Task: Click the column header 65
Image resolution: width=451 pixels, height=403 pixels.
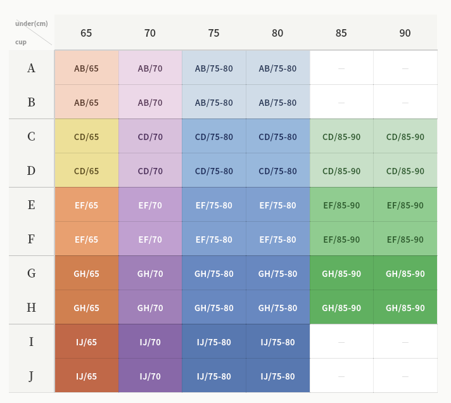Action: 86,33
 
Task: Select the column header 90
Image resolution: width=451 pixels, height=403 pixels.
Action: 405,33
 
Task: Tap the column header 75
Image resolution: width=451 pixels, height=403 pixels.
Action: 213,33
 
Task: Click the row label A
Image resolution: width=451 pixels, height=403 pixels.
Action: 31,68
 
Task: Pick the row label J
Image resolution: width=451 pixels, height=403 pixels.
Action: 31,376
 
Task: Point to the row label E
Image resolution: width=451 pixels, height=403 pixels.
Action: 31,205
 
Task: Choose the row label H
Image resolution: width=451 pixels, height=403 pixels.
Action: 31,308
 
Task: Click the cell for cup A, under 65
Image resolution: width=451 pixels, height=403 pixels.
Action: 86,68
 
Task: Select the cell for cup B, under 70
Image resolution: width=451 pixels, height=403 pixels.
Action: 150,103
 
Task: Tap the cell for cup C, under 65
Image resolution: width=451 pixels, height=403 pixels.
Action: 86,137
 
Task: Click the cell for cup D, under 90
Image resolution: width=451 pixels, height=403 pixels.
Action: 405,171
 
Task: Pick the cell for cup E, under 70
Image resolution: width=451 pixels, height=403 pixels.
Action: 150,205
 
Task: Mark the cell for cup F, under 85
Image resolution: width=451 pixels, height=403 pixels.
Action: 341,240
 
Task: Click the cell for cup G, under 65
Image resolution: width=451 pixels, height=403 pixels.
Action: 86,274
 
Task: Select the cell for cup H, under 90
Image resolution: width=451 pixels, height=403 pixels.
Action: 405,308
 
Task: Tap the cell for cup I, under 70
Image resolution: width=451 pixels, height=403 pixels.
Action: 150,342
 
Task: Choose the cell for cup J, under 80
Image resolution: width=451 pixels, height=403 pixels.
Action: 277,376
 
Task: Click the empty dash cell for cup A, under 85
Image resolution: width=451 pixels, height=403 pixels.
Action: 341,68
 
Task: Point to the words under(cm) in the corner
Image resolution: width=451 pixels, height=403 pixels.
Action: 32,23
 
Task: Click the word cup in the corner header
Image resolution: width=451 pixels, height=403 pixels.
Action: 21,42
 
